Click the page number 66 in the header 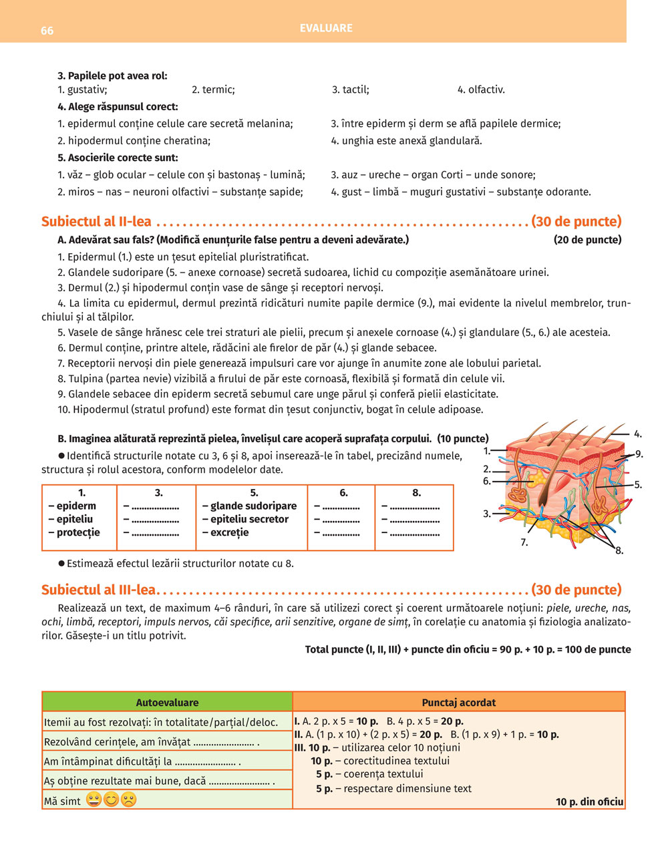click(47, 31)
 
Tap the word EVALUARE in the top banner click(326, 28)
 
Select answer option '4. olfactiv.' click(481, 90)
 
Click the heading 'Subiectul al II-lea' click(96, 221)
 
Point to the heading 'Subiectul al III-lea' click(98, 590)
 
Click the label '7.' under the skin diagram click(524, 542)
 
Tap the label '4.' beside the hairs click(638, 434)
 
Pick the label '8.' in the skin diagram click(619, 551)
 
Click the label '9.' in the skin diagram click(639, 454)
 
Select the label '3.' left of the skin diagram click(487, 514)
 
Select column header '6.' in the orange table click(343, 493)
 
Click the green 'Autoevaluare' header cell click(167, 703)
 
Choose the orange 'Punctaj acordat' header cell click(459, 703)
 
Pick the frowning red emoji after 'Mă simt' click(129, 800)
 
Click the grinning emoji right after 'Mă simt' click(94, 800)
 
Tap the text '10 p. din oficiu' click(589, 802)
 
